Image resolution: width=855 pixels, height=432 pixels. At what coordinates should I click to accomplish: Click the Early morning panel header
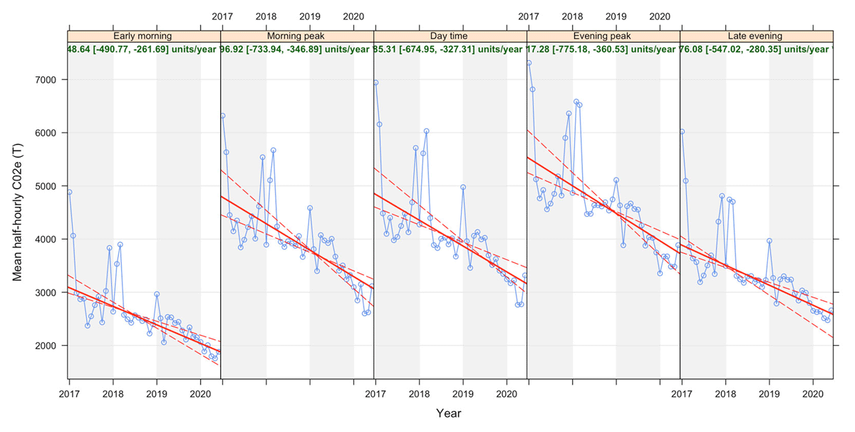144,36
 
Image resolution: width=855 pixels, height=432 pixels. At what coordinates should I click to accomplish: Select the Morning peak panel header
297,36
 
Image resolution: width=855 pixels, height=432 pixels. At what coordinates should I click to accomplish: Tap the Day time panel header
450,36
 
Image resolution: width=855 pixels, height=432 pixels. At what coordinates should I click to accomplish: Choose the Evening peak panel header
603,36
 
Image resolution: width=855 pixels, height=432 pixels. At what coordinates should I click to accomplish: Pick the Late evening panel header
757,36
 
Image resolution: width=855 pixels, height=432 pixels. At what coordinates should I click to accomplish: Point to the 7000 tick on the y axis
48,80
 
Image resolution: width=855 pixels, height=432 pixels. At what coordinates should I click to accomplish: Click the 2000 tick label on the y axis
48,346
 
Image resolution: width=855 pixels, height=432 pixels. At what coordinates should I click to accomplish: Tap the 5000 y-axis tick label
48,186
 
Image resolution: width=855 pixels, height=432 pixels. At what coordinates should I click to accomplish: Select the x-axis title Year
449,413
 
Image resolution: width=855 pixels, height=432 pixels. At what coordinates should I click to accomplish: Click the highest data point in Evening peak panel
529,63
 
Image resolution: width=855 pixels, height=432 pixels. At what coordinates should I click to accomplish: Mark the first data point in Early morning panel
69,192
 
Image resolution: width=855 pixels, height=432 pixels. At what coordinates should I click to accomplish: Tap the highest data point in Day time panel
375,83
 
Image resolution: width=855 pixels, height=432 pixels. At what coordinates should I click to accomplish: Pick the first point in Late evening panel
682,131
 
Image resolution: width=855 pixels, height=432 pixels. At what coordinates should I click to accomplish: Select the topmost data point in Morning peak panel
222,115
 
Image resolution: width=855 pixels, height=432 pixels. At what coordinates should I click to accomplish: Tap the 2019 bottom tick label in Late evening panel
769,393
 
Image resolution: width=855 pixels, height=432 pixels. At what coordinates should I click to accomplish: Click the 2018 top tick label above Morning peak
266,16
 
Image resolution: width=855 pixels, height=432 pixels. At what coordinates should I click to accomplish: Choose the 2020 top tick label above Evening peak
660,16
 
